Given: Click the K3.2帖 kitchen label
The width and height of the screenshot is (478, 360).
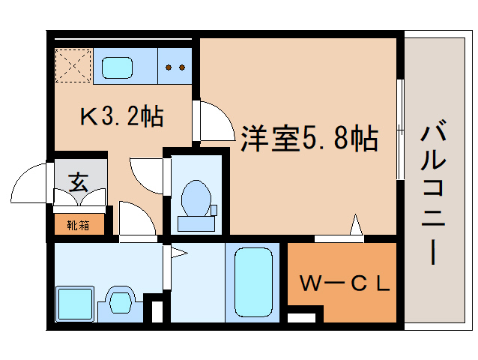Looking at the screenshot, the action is tap(122, 116).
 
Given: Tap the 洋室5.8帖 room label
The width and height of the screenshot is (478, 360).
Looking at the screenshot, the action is tap(309, 139).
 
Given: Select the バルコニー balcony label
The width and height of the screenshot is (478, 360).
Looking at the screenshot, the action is tap(433, 191).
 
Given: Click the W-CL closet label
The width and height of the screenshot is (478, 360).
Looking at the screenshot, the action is tap(345, 283).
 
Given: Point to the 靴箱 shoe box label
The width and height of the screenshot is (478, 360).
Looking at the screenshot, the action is tap(79, 225).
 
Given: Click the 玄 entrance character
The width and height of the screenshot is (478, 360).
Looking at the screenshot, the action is tap(79, 182).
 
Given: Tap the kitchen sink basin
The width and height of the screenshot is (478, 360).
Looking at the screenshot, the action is tap(117, 67).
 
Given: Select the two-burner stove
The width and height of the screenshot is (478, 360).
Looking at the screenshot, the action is tap(175, 66).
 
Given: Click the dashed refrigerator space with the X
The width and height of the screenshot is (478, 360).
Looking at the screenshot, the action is tap(73, 65).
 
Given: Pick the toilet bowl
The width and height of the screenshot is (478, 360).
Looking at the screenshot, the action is tap(196, 199).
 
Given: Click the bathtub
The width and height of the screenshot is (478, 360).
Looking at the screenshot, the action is tap(253, 282).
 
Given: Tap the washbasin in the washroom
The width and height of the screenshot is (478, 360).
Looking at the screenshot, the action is tap(121, 302).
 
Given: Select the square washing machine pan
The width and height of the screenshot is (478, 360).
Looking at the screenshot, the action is tap(75, 304).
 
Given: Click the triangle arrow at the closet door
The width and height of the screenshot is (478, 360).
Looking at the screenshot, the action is tap(356, 224).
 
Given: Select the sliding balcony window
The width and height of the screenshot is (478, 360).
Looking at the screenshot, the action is tap(400, 129).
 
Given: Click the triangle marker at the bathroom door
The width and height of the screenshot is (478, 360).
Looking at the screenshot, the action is tap(179, 253).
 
